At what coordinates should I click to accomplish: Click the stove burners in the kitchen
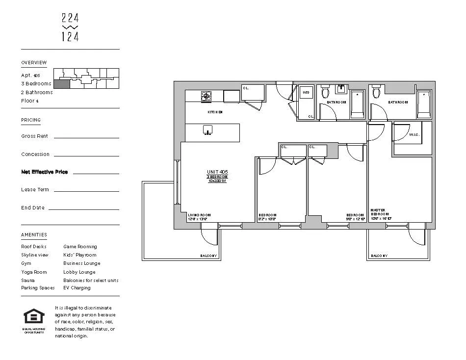[207, 96]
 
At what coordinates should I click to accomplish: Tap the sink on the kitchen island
[208, 130]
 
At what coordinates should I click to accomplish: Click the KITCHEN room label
[215, 112]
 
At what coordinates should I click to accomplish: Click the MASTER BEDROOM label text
[380, 212]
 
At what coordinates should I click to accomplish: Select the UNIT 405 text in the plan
[217, 172]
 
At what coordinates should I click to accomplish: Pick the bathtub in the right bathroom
[424, 104]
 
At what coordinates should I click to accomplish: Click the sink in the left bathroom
[341, 89]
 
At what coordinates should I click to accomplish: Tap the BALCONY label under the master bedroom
[379, 256]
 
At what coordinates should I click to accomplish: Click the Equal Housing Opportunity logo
[34, 317]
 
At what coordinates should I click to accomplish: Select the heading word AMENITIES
[34, 235]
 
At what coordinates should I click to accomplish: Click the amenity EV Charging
[77, 288]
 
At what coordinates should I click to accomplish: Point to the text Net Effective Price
[45, 172]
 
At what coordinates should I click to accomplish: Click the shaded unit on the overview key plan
[61, 84]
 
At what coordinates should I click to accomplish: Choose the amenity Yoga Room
[34, 272]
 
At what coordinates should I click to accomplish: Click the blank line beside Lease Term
[86, 191]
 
